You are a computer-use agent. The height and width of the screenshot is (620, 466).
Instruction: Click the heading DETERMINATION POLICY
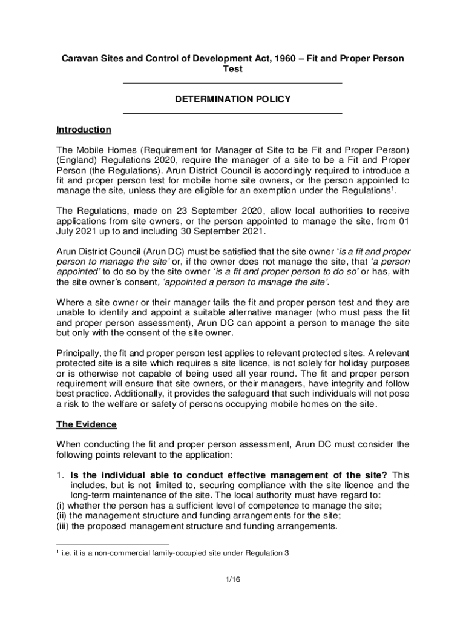233,99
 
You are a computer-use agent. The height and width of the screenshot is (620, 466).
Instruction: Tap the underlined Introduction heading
84,130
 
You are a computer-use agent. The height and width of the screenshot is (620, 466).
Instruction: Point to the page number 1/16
233,579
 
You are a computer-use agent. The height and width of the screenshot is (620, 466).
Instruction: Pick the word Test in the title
233,69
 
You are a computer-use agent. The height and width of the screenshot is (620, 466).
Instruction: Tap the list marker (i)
61,506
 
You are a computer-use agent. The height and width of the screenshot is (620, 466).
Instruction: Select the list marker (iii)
63,527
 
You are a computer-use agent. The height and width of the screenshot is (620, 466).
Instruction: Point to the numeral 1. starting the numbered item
59,475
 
